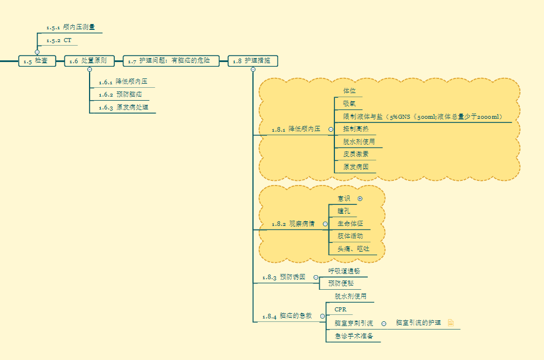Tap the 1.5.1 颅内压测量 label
tap(70, 27)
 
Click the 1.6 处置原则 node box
tap(89, 61)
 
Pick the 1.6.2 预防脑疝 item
tap(120, 94)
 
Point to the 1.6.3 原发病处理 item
tap(123, 107)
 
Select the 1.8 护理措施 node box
tap(252, 61)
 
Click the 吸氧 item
tap(349, 104)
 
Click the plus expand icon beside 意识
tap(360, 198)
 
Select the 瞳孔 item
tap(344, 211)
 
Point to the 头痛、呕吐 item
tap(353, 249)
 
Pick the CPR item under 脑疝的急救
tap(340, 309)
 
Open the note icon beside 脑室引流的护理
tap(451, 323)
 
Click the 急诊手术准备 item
tap(354, 336)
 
